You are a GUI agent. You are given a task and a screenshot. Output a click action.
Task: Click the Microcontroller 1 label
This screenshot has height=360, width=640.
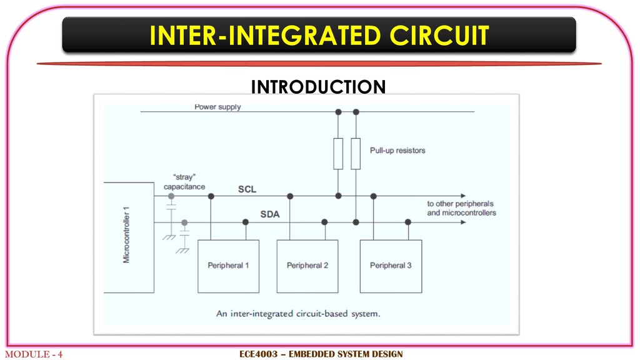coord(126,235)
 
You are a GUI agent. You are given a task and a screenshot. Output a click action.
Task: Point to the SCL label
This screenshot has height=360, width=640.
coord(247,189)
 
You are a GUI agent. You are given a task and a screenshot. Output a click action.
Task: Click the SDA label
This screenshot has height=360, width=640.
coord(270,214)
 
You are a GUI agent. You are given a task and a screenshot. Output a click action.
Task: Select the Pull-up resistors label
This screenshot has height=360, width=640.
coord(397,151)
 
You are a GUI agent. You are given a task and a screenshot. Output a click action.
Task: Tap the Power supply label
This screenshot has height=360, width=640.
coord(217,107)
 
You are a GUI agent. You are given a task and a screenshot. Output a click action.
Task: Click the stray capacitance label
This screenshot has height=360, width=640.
coord(184,182)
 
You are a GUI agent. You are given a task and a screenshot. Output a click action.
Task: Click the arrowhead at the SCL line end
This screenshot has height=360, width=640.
coord(463,196)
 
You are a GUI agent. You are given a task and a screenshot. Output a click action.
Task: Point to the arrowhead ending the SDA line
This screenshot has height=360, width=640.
coord(463,222)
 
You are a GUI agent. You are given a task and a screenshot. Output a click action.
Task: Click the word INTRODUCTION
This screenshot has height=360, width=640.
coord(318,86)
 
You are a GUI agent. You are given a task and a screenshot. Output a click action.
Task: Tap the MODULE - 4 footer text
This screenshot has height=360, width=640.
coord(34,354)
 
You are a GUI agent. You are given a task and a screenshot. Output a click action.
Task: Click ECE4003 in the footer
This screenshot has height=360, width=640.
coord(258,354)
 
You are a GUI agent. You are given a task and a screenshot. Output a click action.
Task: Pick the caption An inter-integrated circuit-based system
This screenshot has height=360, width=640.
coord(298,314)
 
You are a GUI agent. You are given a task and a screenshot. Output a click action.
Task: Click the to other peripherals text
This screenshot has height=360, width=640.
coord(461,204)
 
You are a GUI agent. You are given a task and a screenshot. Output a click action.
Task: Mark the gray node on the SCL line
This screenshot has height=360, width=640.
coord(171,196)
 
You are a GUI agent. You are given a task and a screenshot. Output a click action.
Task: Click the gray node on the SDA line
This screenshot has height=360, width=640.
coord(184,222)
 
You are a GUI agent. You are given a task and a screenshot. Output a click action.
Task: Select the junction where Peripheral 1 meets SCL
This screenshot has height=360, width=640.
coord(211,196)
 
